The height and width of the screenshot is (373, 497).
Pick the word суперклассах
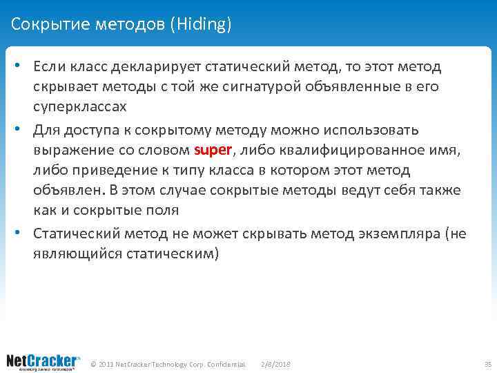80,108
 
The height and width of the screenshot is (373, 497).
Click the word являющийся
77,253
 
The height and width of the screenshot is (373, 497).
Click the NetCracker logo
43,361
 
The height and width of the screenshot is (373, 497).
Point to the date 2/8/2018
276,364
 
